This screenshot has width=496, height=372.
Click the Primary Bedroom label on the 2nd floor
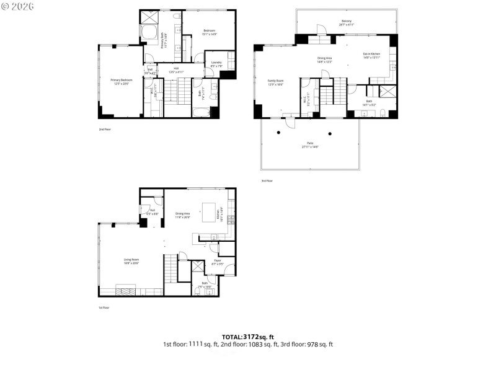coord(122,81)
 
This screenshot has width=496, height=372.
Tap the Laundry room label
coord(217,63)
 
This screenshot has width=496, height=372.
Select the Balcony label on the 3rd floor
coord(347,23)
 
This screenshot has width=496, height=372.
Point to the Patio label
coord(309,144)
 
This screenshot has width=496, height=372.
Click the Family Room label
coord(275,83)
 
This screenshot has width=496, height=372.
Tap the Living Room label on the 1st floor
coord(113,261)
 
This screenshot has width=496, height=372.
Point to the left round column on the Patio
coord(279,133)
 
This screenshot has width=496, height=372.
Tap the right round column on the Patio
coord(330,133)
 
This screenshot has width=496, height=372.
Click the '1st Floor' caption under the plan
coord(103,308)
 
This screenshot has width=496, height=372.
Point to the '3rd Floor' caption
coord(267,180)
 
